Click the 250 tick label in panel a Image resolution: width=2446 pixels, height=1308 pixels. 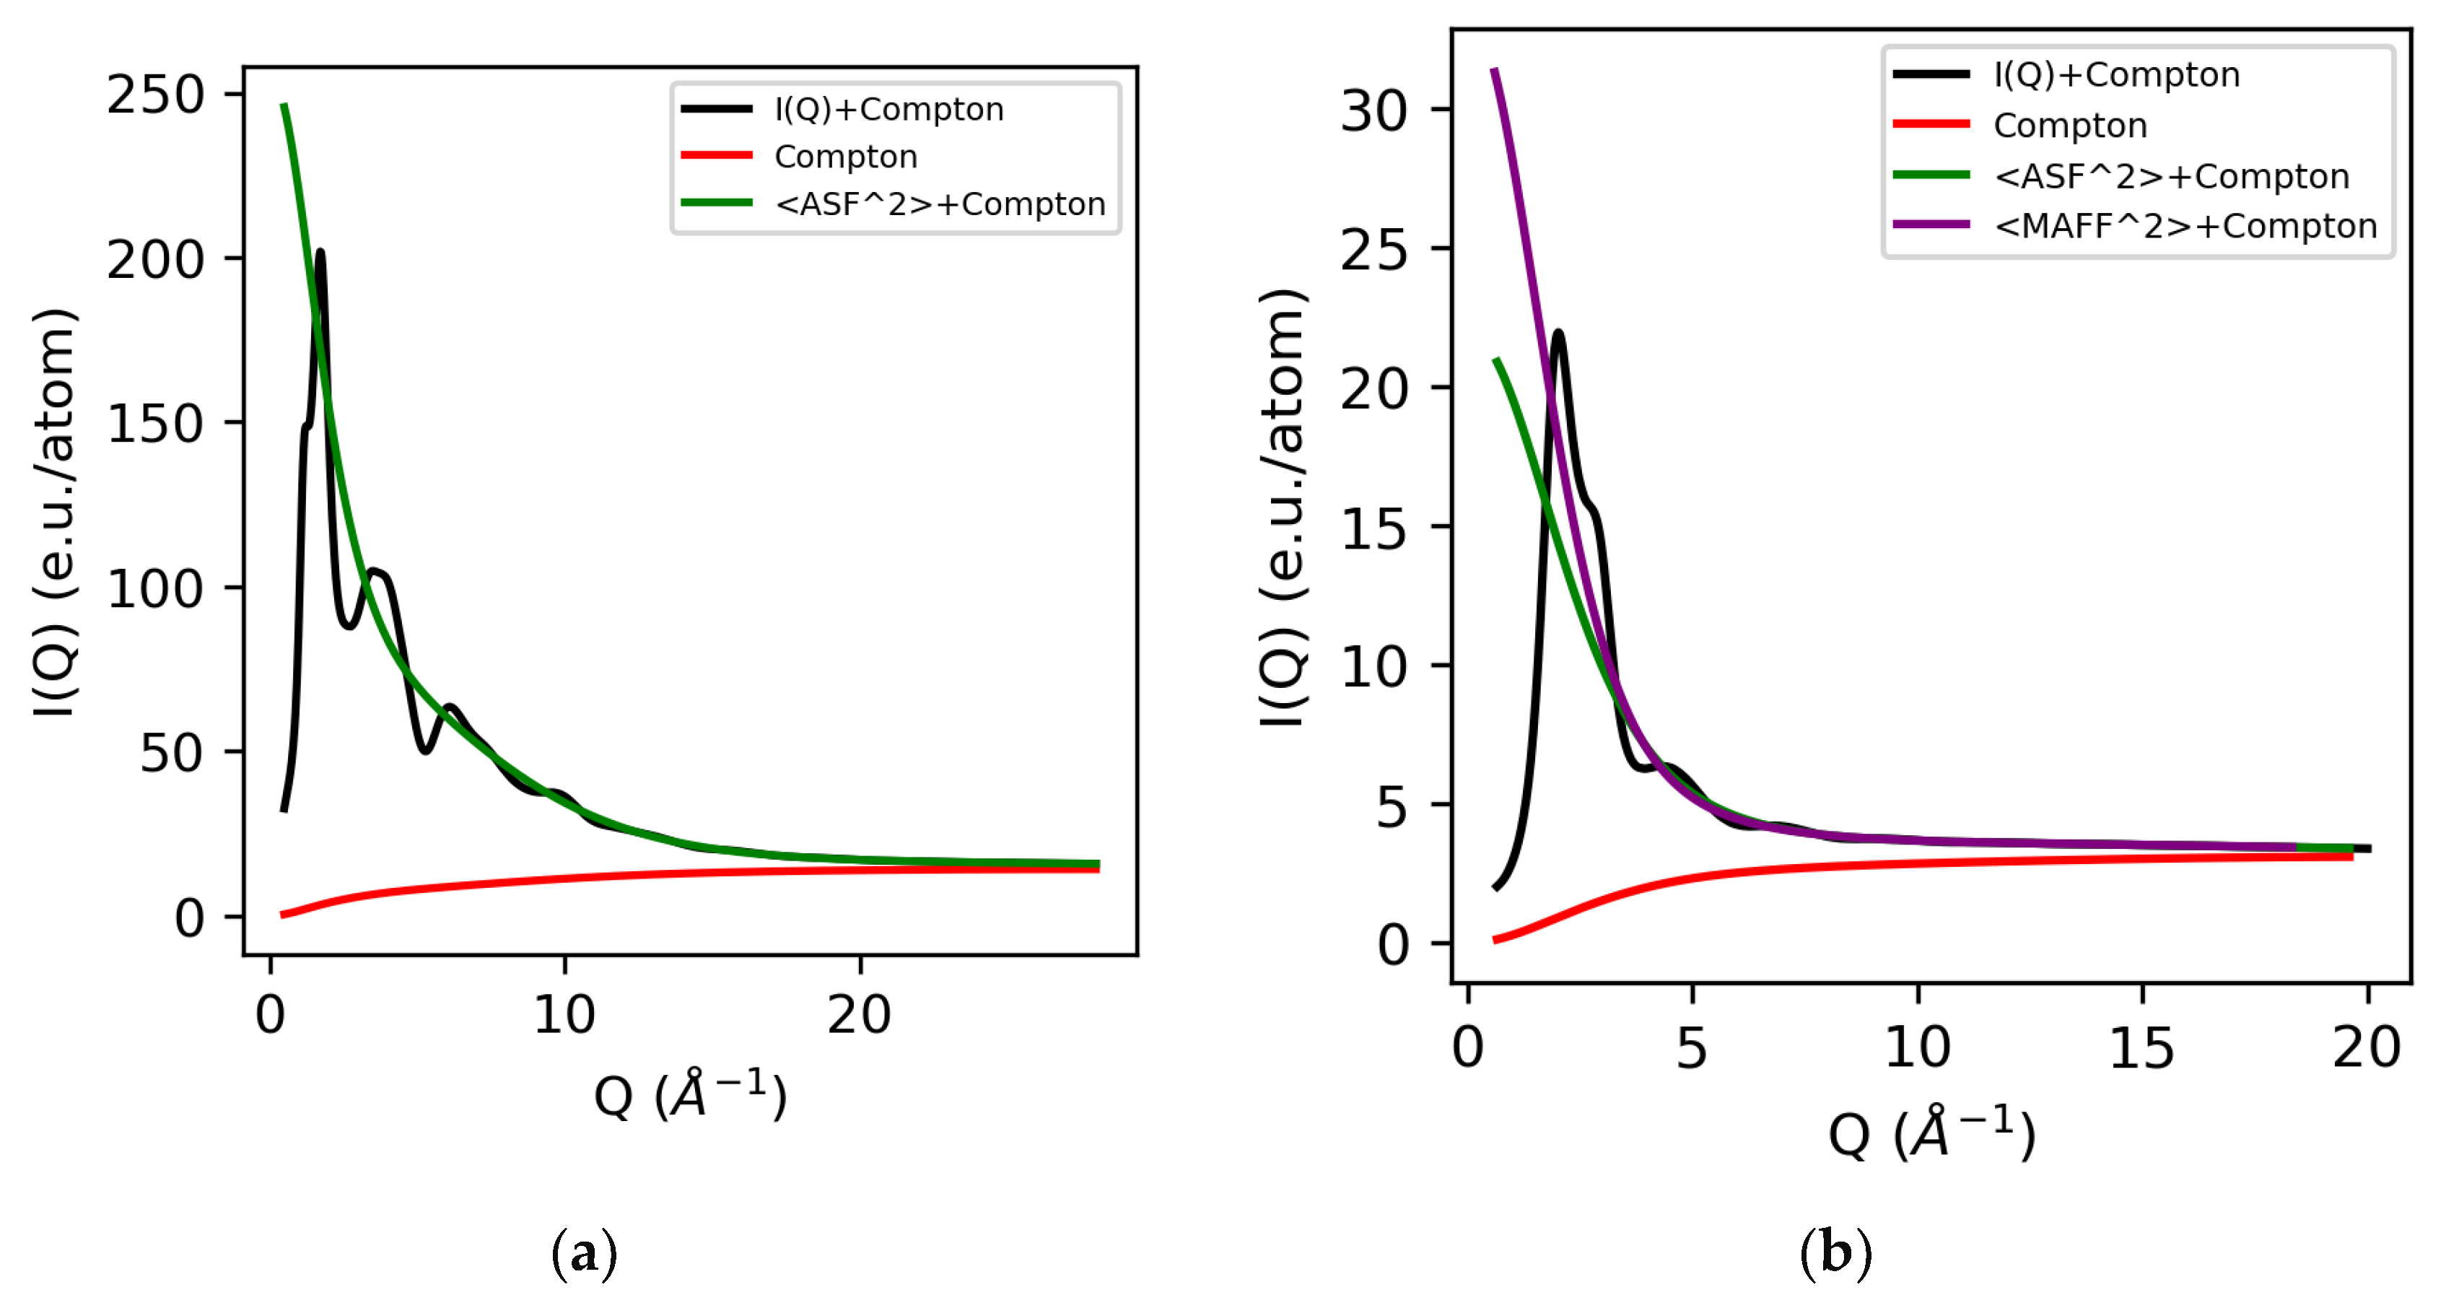coord(154,95)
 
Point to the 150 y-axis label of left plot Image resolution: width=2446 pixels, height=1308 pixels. coord(154,424)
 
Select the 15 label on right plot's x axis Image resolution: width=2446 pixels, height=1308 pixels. coord(2141,1049)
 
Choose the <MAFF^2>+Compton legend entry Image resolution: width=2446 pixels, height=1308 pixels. coord(2185,226)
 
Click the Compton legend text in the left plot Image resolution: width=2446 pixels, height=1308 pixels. coord(845,157)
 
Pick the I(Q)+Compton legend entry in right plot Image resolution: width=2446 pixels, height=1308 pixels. coord(2116,74)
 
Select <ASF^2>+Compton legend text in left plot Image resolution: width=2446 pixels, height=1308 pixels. coord(939,204)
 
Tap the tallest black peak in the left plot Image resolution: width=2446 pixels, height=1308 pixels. coord(320,253)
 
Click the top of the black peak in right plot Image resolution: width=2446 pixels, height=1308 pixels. coord(1558,333)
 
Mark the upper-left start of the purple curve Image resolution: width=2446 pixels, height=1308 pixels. coord(1495,70)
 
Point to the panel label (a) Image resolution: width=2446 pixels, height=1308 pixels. coord(584,1253)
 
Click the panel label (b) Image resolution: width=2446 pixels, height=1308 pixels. coord(1835,1253)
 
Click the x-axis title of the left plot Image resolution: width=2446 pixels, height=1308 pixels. coord(690,1095)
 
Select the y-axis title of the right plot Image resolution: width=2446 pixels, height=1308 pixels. coord(1283,508)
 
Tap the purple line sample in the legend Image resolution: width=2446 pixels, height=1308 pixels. coord(1931,225)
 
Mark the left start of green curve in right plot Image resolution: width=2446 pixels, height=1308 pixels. coord(1496,360)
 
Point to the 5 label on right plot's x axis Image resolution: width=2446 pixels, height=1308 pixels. coord(1691,1049)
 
